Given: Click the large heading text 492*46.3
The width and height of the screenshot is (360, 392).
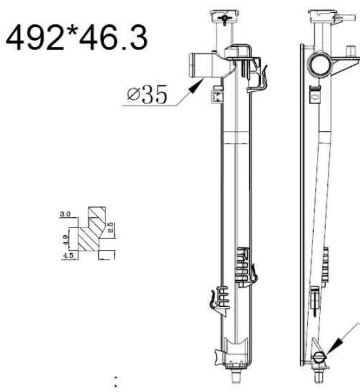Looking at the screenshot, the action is pyautogui.click(x=76, y=37).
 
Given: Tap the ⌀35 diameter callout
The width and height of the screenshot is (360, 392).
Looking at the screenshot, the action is pyautogui.click(x=147, y=94).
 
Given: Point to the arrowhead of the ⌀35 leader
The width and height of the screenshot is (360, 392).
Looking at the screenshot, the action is pyautogui.click(x=197, y=85).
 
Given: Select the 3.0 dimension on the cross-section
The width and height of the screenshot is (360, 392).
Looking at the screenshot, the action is pyautogui.click(x=65, y=214).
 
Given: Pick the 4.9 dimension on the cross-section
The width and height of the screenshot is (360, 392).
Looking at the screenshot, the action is pyautogui.click(x=65, y=240).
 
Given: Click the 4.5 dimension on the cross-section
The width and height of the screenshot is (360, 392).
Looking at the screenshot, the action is pyautogui.click(x=68, y=256).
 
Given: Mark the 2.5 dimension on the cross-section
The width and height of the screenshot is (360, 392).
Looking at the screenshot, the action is pyautogui.click(x=111, y=227).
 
